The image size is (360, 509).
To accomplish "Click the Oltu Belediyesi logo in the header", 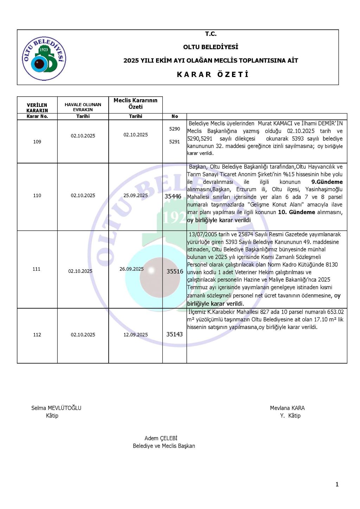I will [x=44, y=58].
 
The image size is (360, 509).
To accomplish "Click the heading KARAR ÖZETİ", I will [x=213, y=75].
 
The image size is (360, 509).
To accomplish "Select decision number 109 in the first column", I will [x=37, y=142].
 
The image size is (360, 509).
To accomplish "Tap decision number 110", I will [x=37, y=195].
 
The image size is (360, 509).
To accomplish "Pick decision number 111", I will [x=37, y=269].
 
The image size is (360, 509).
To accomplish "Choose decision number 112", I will [x=37, y=335].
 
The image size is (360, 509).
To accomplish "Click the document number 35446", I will [x=173, y=196].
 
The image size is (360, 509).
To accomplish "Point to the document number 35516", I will [x=175, y=271].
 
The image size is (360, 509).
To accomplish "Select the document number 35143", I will [x=174, y=334].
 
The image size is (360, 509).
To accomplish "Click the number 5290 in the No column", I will [x=175, y=129].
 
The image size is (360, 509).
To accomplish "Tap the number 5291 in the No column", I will [x=175, y=142].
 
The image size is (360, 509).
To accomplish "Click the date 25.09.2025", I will [x=136, y=195].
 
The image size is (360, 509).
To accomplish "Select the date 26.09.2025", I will [x=131, y=269].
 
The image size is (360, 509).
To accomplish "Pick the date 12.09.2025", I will [x=136, y=335].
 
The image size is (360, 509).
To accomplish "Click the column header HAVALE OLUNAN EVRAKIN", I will [x=83, y=107].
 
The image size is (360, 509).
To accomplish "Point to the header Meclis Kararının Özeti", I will [x=135, y=103].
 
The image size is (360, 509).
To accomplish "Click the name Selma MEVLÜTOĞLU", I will [x=56, y=408].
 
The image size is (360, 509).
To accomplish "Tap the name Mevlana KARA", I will [x=287, y=408].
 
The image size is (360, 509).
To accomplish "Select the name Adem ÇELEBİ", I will [x=161, y=438].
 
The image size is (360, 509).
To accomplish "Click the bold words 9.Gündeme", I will [x=327, y=182].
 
